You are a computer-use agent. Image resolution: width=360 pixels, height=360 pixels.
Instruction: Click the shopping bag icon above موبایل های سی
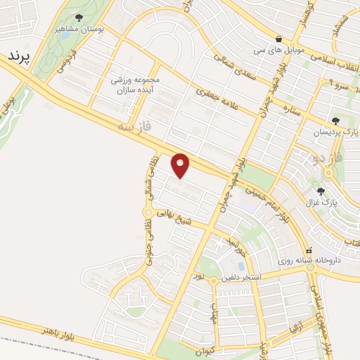click(279, 39)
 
